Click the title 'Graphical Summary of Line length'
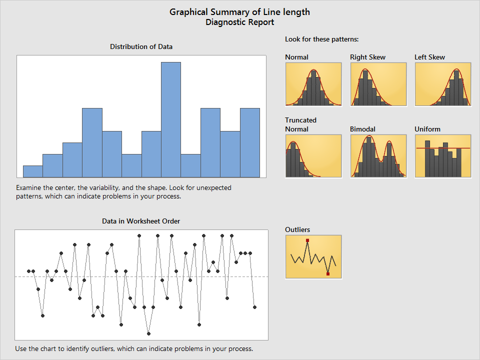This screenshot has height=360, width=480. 239,12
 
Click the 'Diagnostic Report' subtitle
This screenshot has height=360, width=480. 239,22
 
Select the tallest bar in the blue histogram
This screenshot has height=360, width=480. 171,120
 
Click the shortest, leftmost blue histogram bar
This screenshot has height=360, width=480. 33,171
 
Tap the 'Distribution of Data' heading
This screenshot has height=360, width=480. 141,46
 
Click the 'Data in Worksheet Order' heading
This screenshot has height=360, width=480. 141,221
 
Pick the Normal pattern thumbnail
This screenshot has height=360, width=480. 313,84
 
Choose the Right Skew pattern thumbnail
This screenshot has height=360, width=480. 378,84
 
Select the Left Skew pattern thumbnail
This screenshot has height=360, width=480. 443,84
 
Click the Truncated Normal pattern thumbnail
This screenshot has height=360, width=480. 313,156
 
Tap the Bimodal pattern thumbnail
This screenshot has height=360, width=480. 378,156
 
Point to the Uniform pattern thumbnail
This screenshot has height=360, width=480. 443,156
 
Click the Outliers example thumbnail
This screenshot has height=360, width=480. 313,256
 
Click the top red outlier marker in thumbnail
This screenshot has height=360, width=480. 307,240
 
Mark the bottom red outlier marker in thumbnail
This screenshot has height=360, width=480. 328,273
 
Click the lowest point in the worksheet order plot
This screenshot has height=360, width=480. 149,333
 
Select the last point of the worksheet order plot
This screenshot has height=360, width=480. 254,307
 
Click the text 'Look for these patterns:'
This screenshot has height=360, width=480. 322,39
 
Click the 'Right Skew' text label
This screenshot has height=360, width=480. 367,57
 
